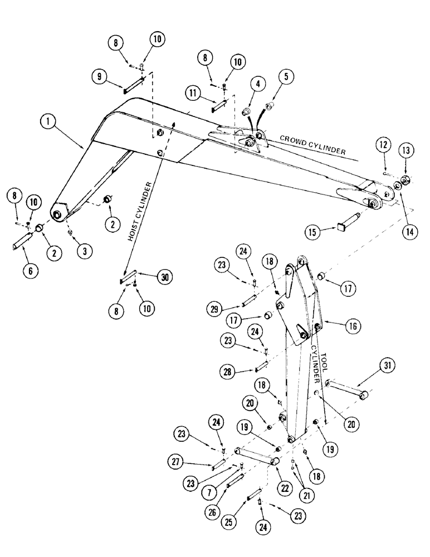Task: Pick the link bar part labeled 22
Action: point(256,456)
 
